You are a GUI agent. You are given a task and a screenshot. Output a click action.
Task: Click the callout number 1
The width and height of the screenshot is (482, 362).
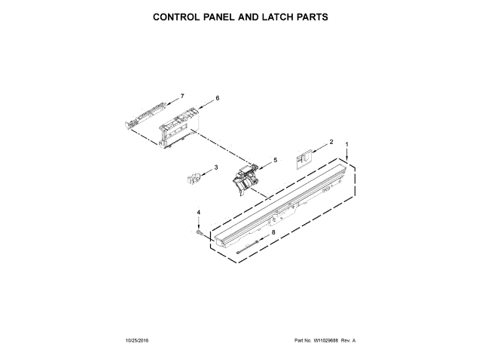point(346,144)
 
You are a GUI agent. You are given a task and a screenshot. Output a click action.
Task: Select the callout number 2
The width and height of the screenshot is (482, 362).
point(331,142)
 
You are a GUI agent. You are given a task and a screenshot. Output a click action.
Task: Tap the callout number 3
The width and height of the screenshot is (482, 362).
point(216,167)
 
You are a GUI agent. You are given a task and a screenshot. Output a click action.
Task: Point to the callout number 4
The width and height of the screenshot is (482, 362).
point(199,213)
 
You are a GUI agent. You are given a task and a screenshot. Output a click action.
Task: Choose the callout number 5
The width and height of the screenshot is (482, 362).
point(274,160)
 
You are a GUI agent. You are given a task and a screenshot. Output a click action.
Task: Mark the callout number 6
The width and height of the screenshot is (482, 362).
point(217,98)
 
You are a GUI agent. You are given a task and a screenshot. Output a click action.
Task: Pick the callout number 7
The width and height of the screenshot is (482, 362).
point(182,97)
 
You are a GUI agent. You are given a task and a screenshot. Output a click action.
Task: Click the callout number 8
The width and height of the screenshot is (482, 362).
point(273,232)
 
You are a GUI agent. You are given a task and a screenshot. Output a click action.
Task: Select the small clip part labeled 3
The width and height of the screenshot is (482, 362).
point(192,178)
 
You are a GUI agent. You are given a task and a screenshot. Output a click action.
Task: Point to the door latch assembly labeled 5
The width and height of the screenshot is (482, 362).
point(246,179)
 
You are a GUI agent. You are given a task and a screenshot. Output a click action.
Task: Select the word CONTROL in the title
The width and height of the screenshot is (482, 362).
point(177,16)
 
